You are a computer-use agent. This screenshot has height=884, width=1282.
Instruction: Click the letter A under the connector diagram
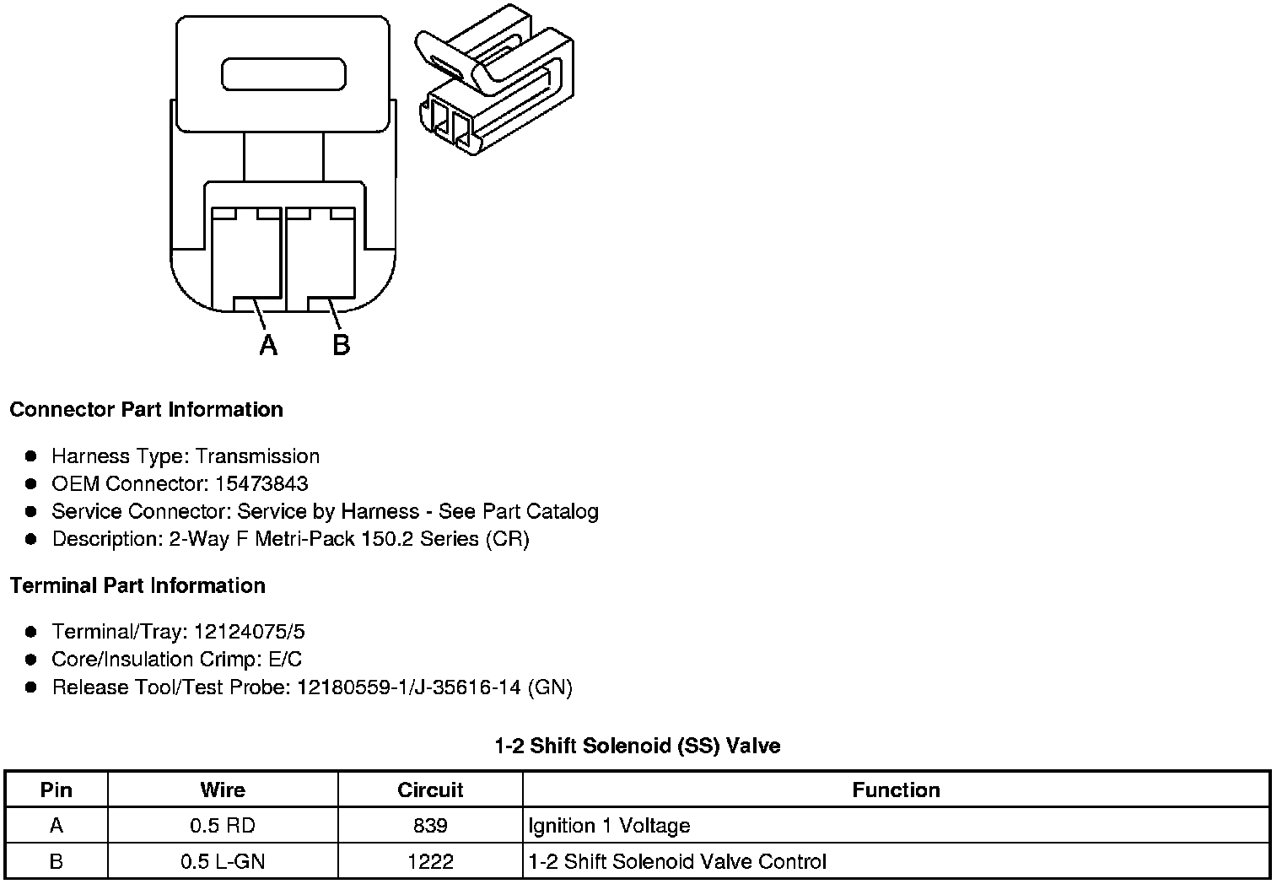268,344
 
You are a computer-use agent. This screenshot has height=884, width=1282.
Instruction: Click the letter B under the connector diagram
341,344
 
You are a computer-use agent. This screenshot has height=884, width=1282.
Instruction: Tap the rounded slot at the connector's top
283,74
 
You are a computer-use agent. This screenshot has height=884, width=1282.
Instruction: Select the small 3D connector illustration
497,81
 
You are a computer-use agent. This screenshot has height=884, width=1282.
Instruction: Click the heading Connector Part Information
146,410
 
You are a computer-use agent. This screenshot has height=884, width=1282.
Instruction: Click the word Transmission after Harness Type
257,456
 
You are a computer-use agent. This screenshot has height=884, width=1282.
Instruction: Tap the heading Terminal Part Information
137,586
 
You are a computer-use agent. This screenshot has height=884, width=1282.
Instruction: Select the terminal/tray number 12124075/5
249,632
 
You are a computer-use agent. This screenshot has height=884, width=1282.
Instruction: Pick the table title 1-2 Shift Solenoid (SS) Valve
637,746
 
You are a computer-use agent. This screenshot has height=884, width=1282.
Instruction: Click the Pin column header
57,790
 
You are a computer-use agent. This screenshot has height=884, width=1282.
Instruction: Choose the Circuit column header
430,790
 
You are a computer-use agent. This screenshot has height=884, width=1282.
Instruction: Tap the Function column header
896,790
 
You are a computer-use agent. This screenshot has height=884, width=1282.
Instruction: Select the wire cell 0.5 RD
223,826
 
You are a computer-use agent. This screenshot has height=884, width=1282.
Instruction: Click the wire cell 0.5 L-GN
223,862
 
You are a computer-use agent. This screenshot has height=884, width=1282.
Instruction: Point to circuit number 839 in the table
430,826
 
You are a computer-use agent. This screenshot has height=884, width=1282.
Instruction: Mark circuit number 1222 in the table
430,862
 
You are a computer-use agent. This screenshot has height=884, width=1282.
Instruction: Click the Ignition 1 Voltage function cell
609,826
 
